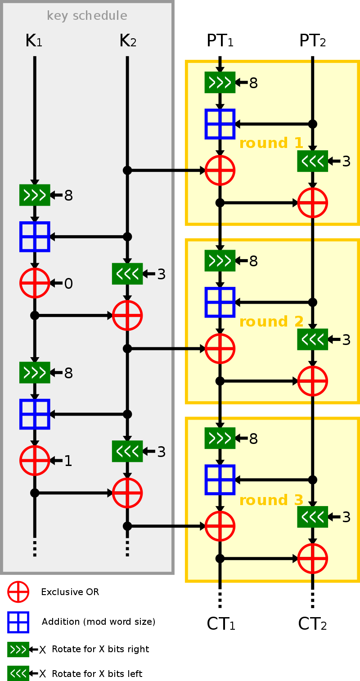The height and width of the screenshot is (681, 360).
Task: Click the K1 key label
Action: tap(34, 41)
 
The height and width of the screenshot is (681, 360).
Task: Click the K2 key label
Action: tap(128, 41)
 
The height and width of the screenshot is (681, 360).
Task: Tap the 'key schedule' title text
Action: tap(87, 16)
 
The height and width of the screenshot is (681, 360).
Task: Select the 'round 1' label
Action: tap(271, 143)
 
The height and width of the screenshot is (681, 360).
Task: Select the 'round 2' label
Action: tap(271, 322)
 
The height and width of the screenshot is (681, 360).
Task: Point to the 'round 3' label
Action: tap(271, 501)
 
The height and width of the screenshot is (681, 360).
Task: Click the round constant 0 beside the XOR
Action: tap(68, 283)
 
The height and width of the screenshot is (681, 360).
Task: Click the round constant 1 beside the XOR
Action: tap(68, 461)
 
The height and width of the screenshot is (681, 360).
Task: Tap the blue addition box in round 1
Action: tap(220, 124)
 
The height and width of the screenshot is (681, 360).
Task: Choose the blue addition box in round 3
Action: tap(220, 479)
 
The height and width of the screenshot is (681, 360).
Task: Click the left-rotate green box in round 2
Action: tap(312, 340)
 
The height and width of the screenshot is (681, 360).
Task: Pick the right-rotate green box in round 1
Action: tap(220, 82)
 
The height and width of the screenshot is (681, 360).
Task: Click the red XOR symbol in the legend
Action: tap(18, 592)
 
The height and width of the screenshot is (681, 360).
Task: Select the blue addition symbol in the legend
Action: tap(18, 623)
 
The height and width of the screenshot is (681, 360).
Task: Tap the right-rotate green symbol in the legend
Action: tap(18, 650)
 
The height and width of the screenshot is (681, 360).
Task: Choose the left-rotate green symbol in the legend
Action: tap(18, 673)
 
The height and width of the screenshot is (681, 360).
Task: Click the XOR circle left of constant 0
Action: tap(35, 283)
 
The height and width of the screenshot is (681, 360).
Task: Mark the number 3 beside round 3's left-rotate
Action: tap(346, 517)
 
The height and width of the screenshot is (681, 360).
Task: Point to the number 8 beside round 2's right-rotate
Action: tap(253, 261)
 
